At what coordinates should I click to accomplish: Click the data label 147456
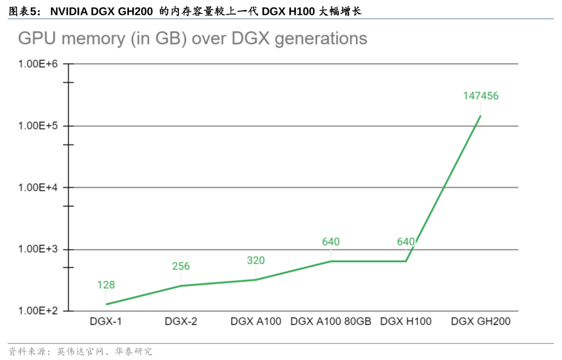tap(480, 96)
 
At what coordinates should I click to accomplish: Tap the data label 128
tap(106, 285)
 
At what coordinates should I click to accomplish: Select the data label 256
tap(181, 266)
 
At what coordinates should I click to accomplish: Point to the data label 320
tap(256, 260)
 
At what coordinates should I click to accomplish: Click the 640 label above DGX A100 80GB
tap(330, 241)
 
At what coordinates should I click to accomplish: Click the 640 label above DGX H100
tap(405, 241)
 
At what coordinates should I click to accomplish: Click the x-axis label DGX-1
tap(106, 322)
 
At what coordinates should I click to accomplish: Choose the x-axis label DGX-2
tap(181, 322)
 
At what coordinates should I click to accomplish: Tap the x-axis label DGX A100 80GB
tap(330, 322)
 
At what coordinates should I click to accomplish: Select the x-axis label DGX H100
tap(405, 322)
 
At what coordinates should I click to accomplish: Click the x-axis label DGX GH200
tap(480, 322)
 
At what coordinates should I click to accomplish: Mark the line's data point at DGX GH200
tap(480, 115)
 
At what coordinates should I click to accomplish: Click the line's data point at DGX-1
tap(106, 304)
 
